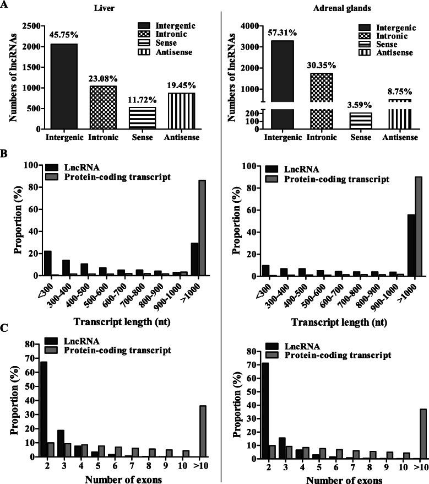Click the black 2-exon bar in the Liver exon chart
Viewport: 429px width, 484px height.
point(44,409)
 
